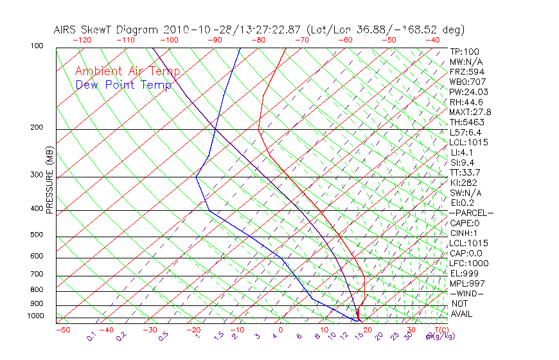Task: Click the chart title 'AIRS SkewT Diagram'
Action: (107, 30)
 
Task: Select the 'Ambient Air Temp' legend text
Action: (127, 71)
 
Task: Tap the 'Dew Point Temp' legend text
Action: (123, 85)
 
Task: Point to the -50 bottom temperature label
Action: (62, 330)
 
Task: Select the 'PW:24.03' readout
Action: (465, 92)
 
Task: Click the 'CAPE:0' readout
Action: (464, 223)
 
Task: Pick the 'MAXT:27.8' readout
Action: (468, 112)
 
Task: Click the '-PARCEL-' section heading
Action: (471, 213)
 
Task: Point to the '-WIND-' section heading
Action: (467, 293)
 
